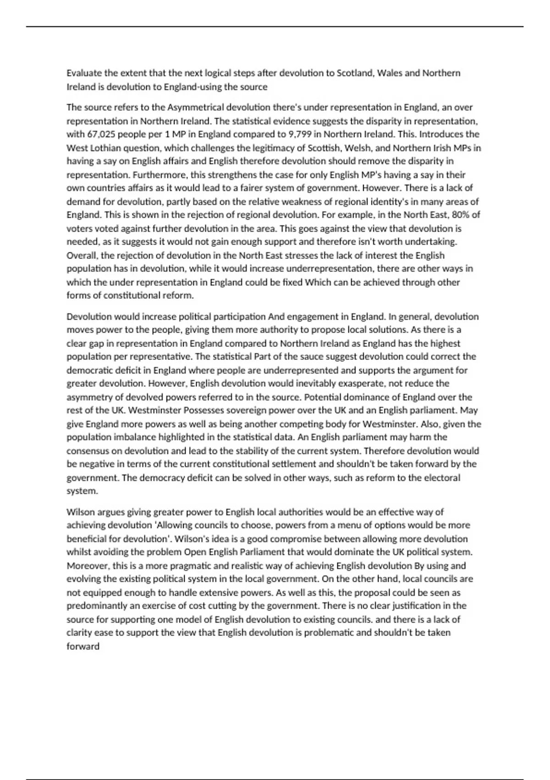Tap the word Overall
coord(82,255)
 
